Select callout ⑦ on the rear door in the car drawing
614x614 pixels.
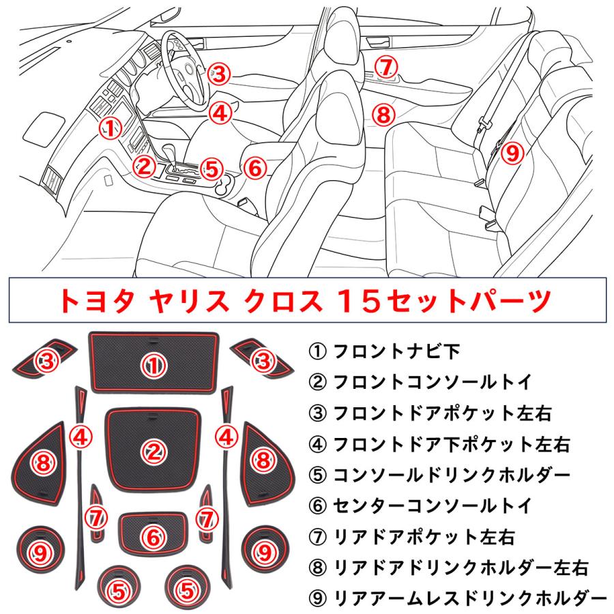tap(385, 67)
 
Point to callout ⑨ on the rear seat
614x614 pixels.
tap(512, 152)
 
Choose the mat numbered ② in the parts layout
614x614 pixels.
tap(153, 450)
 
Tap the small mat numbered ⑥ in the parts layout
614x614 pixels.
tap(153, 536)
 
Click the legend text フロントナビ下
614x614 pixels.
tap(388, 352)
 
